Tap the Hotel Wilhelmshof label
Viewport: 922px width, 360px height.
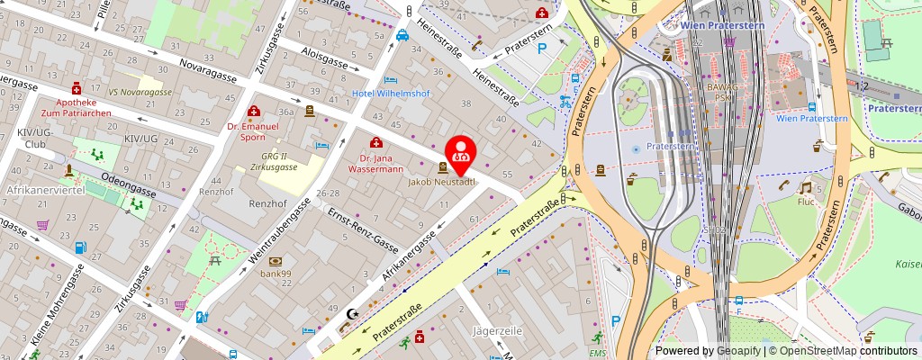click(389, 94)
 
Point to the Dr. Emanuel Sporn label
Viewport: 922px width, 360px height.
click(254, 132)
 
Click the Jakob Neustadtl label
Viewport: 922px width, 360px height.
click(441, 182)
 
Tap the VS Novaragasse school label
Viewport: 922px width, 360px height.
click(140, 93)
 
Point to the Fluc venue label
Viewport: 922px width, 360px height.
click(805, 202)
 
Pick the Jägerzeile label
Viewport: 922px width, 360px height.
click(497, 330)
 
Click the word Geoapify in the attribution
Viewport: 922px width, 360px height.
click(737, 350)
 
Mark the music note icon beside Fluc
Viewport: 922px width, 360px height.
click(805, 187)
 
